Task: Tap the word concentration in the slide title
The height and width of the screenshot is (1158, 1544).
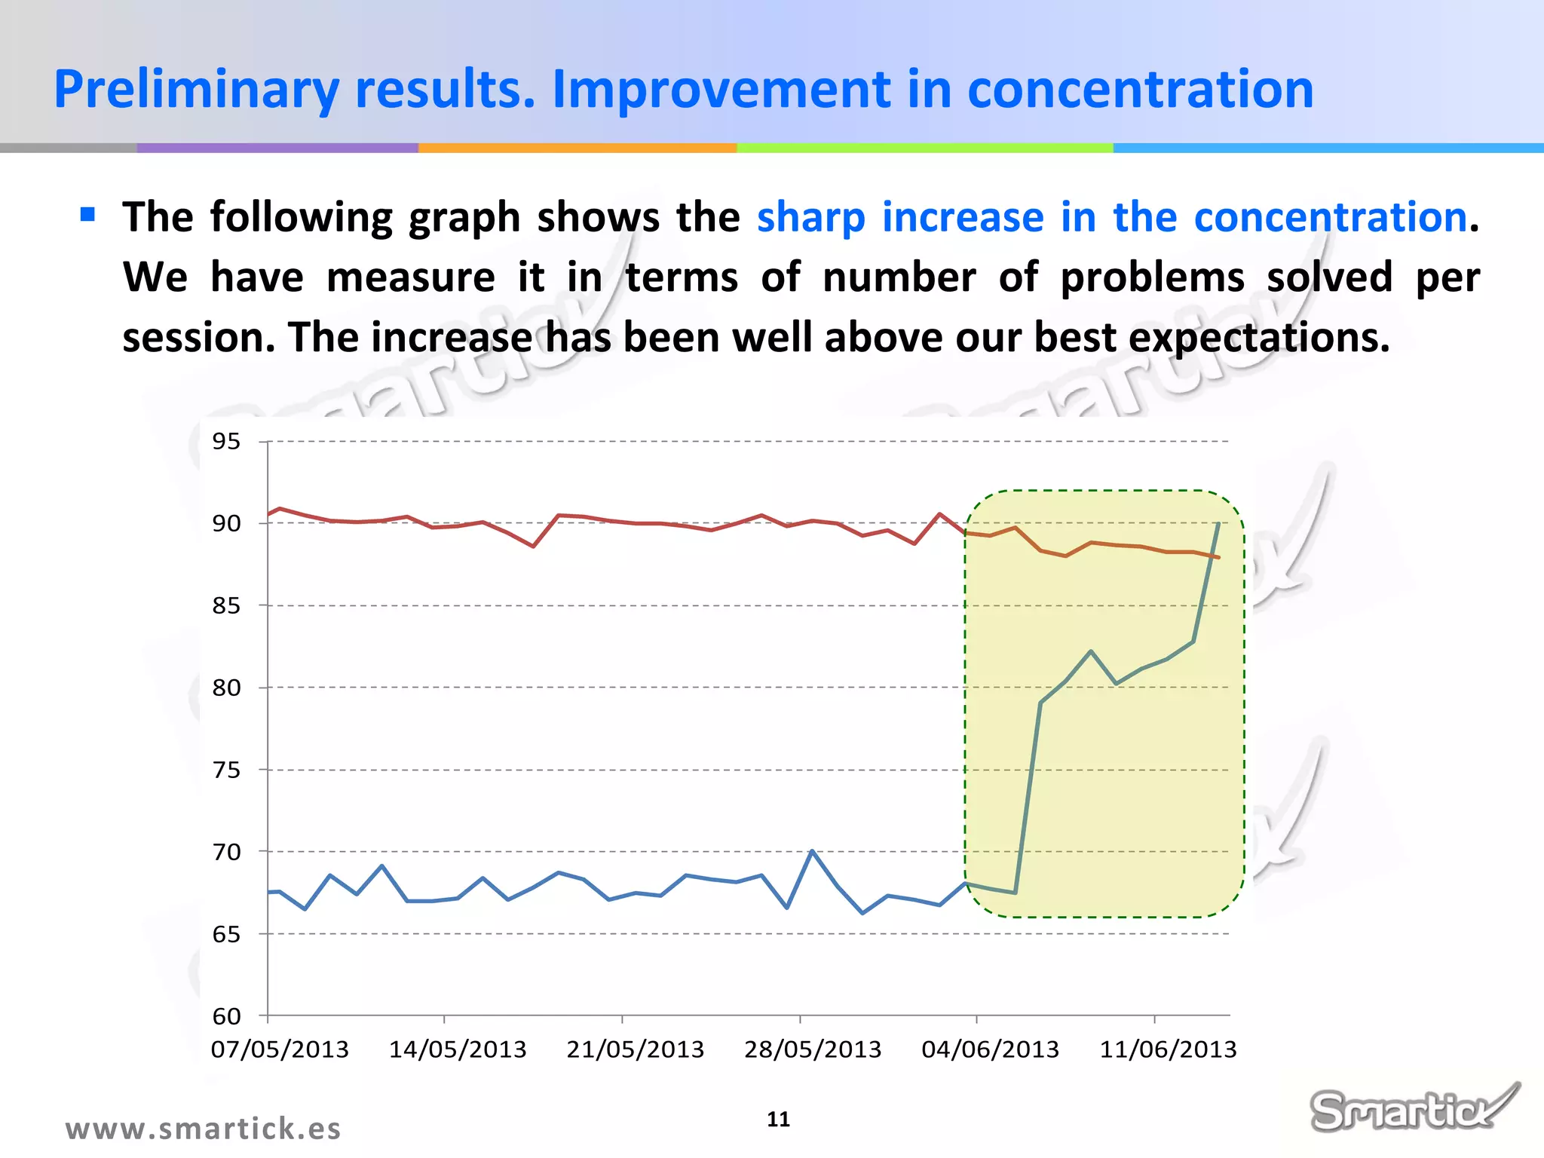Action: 1140,89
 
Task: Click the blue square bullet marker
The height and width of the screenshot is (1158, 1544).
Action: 88,215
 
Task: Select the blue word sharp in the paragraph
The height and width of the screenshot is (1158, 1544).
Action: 810,218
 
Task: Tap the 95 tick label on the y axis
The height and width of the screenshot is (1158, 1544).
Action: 226,441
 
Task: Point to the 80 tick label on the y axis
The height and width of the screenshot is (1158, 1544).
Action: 226,688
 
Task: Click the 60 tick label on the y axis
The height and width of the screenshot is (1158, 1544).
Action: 226,1016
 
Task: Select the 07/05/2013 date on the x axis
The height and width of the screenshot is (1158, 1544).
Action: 280,1049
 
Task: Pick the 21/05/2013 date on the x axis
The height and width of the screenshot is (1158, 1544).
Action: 635,1049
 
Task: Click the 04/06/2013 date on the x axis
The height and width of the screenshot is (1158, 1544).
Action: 990,1049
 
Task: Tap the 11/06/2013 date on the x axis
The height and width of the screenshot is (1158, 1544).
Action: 1168,1049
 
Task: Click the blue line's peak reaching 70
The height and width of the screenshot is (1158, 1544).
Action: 812,851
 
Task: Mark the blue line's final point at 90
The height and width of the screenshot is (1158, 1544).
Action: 1218,523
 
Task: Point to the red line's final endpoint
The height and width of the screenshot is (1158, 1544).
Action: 1218,557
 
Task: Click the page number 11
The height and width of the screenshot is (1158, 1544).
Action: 778,1119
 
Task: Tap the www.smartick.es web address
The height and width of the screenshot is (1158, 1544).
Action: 203,1129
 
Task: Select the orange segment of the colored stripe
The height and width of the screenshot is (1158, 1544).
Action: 577,148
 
